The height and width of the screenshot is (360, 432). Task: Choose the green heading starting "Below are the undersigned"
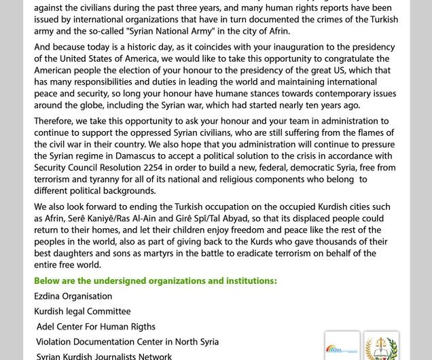pos(156,281)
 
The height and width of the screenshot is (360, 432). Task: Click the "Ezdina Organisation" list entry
pos(73,296)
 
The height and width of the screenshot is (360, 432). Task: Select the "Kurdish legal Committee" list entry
pos(82,312)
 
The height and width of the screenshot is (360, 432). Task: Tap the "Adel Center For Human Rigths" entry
pos(96,327)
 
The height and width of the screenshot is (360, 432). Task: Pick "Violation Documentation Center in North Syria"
pos(127,342)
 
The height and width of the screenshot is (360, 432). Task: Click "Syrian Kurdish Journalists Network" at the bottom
pos(104,356)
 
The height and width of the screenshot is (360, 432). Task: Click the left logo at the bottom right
pos(342,346)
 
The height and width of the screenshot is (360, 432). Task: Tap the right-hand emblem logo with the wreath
pos(381,346)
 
